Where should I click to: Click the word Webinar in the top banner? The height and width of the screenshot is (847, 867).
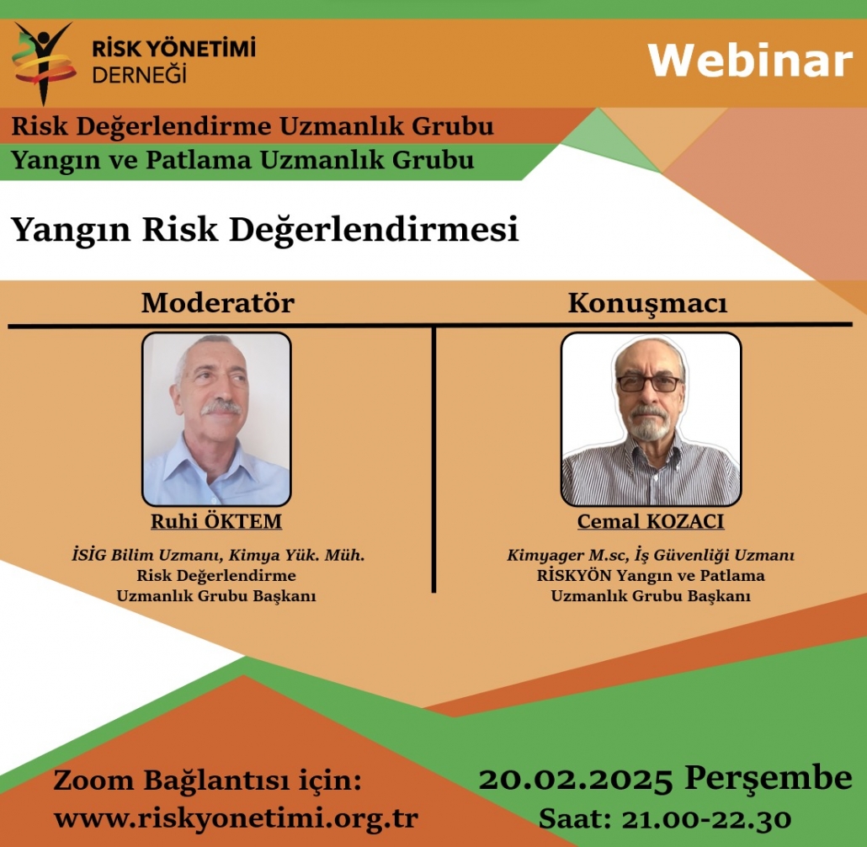click(x=749, y=61)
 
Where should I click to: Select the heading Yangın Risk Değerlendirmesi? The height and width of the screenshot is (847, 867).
click(x=264, y=229)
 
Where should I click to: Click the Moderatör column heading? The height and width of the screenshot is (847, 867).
click(x=218, y=303)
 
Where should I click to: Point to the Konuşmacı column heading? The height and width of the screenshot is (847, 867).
click(x=646, y=304)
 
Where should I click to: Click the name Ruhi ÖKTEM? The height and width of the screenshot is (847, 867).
click(x=216, y=522)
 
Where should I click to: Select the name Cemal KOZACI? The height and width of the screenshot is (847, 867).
click(x=650, y=522)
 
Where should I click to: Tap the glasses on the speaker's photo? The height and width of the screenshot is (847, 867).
click(x=649, y=383)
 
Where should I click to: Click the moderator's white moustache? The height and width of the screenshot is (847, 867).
click(x=221, y=408)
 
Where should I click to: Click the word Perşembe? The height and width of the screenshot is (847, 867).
click(x=768, y=779)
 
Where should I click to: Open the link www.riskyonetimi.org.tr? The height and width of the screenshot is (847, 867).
click(x=236, y=818)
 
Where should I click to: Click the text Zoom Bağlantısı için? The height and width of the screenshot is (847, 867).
click(x=208, y=780)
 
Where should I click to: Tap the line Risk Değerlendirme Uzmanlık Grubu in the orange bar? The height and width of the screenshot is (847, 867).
click(x=252, y=127)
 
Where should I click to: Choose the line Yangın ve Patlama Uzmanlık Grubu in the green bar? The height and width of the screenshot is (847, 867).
click(x=242, y=159)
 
